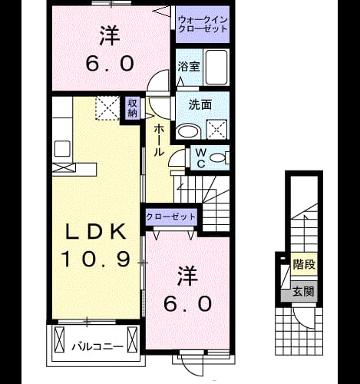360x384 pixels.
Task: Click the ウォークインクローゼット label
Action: tap(203, 24)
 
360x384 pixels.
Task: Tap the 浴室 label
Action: tap(189, 67)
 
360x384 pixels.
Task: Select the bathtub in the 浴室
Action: tap(216, 68)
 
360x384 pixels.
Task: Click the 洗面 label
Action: tap(200, 105)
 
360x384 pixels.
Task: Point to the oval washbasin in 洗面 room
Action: tap(189, 131)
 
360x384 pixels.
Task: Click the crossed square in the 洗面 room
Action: tap(216, 130)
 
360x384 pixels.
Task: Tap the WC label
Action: tap(201, 158)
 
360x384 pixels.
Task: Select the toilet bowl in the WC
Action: tap(218, 157)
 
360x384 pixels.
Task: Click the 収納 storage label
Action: tap(133, 108)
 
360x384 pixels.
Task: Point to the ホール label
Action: tap(158, 141)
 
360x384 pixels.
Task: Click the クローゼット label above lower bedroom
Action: tap(170, 217)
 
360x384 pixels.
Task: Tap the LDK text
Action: tap(96, 232)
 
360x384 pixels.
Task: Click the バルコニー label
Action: tap(97, 347)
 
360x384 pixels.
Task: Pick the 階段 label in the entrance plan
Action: tap(304, 264)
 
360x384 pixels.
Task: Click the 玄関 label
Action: tap(303, 291)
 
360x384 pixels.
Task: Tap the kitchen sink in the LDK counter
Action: tap(62, 148)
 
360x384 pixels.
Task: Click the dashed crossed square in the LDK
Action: tap(107, 108)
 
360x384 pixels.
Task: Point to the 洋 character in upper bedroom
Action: tap(110, 35)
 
